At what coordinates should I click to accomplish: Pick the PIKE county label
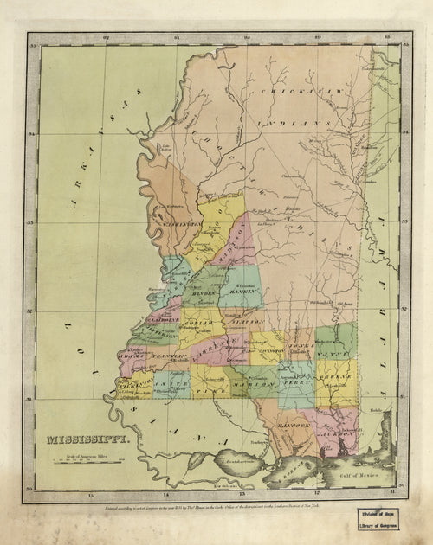pos(208,392)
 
